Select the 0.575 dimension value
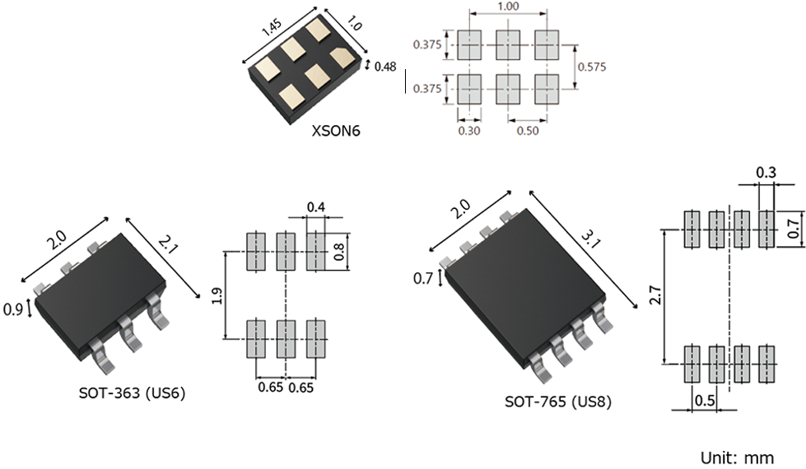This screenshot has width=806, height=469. coord(591,67)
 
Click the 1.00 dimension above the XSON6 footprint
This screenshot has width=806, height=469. coord(507,7)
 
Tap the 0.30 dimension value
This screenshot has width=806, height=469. coord(468,129)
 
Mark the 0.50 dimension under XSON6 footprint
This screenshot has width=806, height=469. coord(528,129)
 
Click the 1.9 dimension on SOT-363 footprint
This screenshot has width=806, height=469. coord(217,295)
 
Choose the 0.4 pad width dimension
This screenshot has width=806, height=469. coord(315,206)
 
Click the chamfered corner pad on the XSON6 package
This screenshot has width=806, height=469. coord(340,59)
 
